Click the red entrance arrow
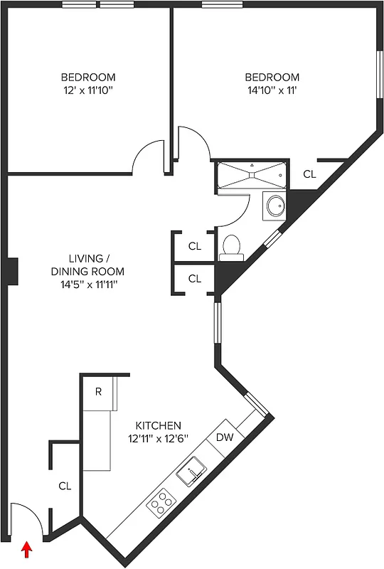28,550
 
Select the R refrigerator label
98,390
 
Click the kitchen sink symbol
191,471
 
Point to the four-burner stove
161,502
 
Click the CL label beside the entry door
65,486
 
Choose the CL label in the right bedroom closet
309,174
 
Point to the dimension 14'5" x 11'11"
87,284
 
